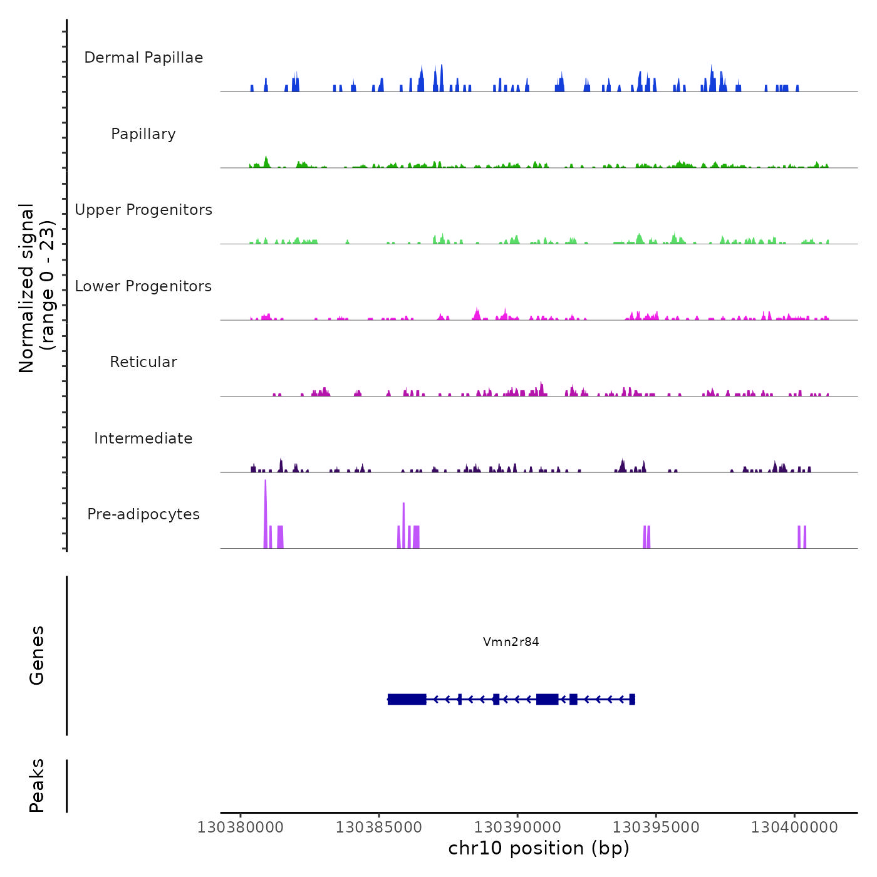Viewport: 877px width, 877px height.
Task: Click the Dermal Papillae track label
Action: (143, 58)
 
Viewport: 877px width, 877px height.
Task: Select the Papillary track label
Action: (143, 134)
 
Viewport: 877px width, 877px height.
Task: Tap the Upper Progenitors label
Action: (143, 210)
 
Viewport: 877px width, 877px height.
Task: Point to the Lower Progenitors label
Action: (143, 286)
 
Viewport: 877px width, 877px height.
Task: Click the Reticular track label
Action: (143, 362)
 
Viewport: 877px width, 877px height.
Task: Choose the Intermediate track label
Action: (143, 438)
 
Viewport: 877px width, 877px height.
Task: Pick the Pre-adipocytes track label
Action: (143, 514)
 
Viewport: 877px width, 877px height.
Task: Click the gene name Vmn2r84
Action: (511, 641)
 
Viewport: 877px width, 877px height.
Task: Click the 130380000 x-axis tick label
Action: (240, 828)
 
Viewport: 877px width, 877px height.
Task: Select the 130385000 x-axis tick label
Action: (378, 828)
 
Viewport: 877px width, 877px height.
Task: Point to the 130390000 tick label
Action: (517, 828)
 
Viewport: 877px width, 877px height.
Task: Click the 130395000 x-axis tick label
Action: (656, 828)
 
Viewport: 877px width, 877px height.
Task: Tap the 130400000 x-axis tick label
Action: (794, 828)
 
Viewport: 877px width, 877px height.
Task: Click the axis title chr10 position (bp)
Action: (539, 848)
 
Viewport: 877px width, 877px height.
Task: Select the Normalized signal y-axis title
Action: (36, 288)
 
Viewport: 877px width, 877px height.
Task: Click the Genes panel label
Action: (37, 655)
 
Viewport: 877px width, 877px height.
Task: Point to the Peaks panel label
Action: (37, 786)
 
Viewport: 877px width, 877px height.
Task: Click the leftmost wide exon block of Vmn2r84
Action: (407, 699)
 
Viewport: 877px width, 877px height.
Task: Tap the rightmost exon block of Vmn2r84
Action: (632, 699)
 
